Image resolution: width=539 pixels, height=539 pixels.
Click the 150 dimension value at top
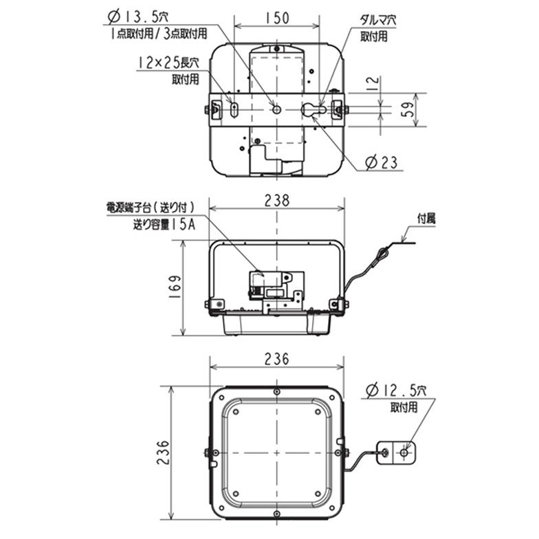tap(276, 19)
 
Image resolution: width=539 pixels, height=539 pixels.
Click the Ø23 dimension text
tap(382, 162)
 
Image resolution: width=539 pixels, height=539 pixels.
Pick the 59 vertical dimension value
tap(406, 110)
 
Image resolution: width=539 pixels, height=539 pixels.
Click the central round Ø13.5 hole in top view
tap(276, 109)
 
